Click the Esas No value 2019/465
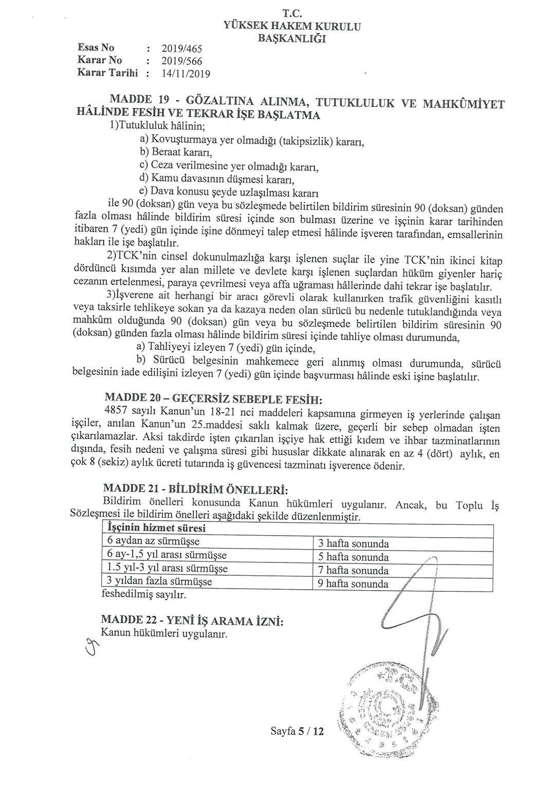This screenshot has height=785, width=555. (182, 49)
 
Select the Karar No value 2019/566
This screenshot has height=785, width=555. (182, 61)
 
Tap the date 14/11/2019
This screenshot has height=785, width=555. (186, 74)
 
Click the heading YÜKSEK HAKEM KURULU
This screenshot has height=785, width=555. (292, 26)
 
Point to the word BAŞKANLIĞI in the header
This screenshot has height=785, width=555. (291, 38)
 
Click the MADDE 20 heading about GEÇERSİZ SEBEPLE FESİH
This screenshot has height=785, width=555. (213, 398)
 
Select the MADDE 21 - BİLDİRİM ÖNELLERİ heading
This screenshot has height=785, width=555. (195, 488)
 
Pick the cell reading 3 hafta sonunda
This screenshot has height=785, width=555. (354, 543)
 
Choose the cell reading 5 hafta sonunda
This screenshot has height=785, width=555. (354, 557)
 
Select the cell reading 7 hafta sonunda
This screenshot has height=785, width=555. (354, 570)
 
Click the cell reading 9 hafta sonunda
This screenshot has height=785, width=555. (354, 583)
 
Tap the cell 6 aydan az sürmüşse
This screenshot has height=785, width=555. (153, 541)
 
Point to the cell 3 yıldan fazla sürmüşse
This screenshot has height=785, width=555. (159, 581)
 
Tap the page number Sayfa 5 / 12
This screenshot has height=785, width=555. (297, 731)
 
